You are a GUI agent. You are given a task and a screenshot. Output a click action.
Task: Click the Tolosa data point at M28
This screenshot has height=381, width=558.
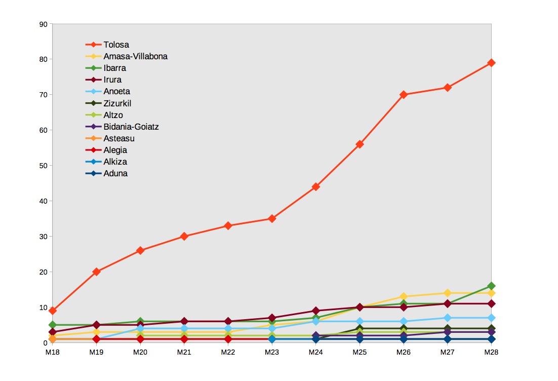pyautogui.click(x=491, y=63)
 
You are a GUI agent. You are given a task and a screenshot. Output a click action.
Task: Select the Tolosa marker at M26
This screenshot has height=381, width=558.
pyautogui.click(x=403, y=95)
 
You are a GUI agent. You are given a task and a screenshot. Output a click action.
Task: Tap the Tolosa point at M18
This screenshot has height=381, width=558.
pyautogui.click(x=53, y=311)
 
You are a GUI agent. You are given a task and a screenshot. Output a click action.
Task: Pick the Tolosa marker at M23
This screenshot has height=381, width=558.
pyautogui.click(x=272, y=219)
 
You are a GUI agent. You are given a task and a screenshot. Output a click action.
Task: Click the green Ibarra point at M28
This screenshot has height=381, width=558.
pyautogui.click(x=491, y=286)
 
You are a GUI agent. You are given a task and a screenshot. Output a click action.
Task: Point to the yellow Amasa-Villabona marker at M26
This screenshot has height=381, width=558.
pyautogui.click(x=403, y=296)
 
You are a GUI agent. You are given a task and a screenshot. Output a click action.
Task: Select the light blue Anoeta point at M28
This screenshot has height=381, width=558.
pyautogui.click(x=491, y=318)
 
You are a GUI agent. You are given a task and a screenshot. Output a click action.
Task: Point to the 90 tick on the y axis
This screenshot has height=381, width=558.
pyautogui.click(x=43, y=24)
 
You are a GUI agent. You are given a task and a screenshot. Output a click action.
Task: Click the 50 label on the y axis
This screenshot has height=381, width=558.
pyautogui.click(x=43, y=166)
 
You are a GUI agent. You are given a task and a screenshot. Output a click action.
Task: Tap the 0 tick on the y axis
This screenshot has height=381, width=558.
pyautogui.click(x=45, y=343)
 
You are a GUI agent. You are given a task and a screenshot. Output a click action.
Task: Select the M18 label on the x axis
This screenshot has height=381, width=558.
pyautogui.click(x=53, y=352)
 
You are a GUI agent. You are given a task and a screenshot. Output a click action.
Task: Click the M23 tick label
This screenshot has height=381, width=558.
pyautogui.click(x=272, y=352)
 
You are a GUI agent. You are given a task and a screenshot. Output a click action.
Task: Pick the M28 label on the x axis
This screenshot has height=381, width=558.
pyautogui.click(x=491, y=352)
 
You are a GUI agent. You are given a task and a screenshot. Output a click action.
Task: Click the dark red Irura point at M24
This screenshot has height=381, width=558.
pyautogui.click(x=315, y=311)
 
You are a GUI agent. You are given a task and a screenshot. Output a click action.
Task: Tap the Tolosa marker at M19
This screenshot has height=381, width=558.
pyautogui.click(x=96, y=272)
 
